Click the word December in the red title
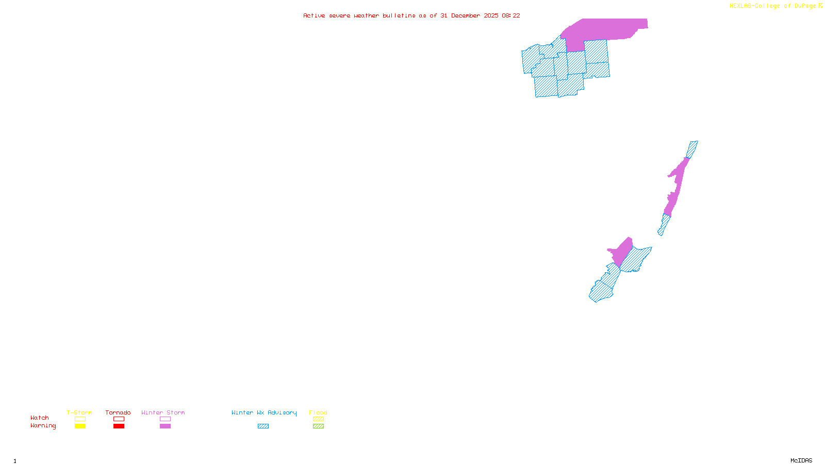(x=466, y=15)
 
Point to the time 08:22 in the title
(x=510, y=15)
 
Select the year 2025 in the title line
(x=491, y=15)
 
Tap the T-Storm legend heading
(x=79, y=412)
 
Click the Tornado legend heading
(x=118, y=412)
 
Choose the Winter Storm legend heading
(x=163, y=412)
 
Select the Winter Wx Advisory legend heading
(x=264, y=412)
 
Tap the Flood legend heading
(x=318, y=412)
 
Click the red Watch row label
(x=40, y=418)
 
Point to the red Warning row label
(x=43, y=426)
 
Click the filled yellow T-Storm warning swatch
(x=80, y=426)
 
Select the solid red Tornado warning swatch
(x=119, y=426)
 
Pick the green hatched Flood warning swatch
(x=318, y=426)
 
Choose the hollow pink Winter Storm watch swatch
(x=165, y=419)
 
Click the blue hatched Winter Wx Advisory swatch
(x=263, y=426)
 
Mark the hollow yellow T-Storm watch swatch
(x=80, y=419)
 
